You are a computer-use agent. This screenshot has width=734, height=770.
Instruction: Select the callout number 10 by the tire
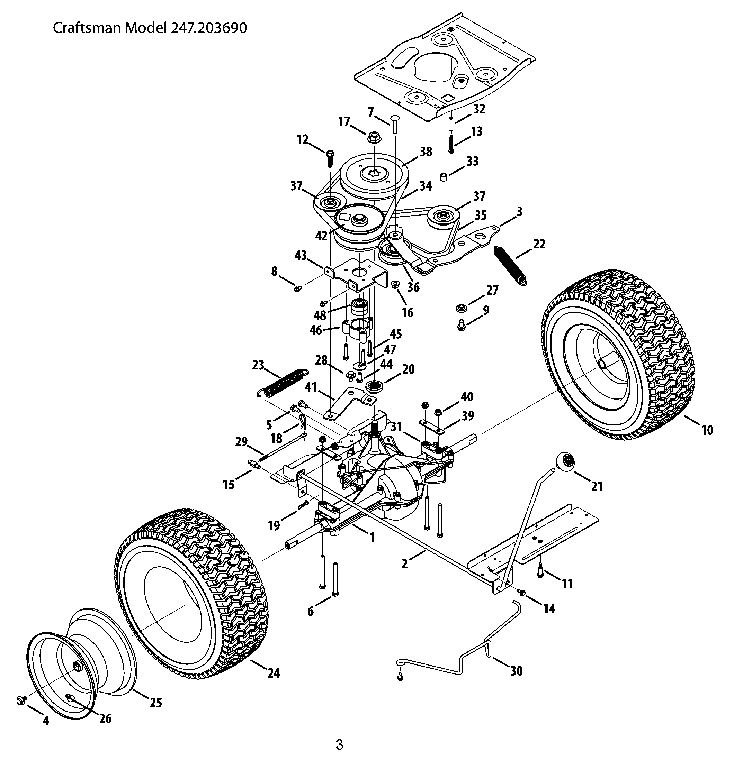[707, 430]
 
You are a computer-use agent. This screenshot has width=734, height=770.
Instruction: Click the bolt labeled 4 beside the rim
[22, 700]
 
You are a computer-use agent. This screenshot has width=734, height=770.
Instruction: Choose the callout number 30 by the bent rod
[517, 671]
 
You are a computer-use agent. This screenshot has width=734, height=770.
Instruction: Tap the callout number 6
[310, 611]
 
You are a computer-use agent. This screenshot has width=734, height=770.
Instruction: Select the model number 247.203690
[208, 28]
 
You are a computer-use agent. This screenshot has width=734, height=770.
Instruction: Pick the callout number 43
[301, 256]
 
